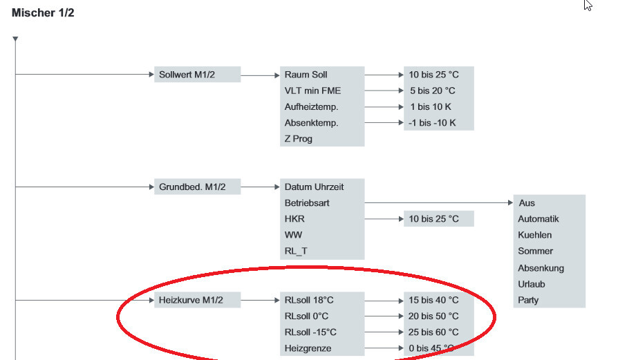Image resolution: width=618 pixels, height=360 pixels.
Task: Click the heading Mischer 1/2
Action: click(x=43, y=12)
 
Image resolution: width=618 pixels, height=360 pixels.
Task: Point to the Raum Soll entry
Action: click(x=306, y=75)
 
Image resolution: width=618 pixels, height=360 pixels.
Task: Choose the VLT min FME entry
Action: click(x=312, y=91)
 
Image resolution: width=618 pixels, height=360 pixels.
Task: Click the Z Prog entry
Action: click(x=299, y=138)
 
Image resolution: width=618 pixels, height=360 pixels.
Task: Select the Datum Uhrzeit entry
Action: click(x=314, y=187)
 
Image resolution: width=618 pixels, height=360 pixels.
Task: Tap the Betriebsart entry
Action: click(x=307, y=203)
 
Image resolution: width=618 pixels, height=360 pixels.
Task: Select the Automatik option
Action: click(x=539, y=219)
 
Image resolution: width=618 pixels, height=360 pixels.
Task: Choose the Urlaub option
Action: click(x=532, y=284)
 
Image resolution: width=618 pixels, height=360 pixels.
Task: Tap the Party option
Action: click(x=528, y=300)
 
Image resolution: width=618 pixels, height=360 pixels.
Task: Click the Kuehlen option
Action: click(x=535, y=235)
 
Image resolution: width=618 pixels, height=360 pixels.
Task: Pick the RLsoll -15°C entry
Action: click(x=310, y=332)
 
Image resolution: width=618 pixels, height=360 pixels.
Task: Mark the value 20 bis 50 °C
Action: click(x=433, y=316)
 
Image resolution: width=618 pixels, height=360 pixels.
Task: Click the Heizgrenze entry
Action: click(x=308, y=348)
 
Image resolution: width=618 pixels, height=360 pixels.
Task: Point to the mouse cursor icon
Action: click(x=588, y=6)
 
